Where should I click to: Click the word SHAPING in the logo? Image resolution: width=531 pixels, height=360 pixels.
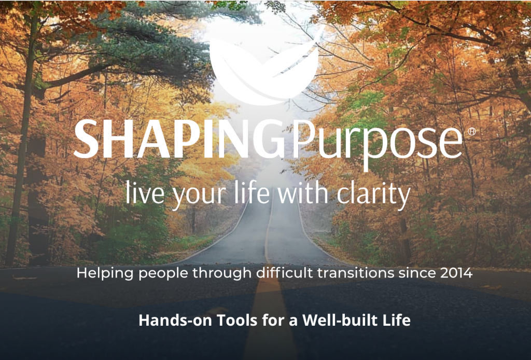point(179,139)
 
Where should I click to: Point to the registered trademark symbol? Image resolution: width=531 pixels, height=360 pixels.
point(471,131)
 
